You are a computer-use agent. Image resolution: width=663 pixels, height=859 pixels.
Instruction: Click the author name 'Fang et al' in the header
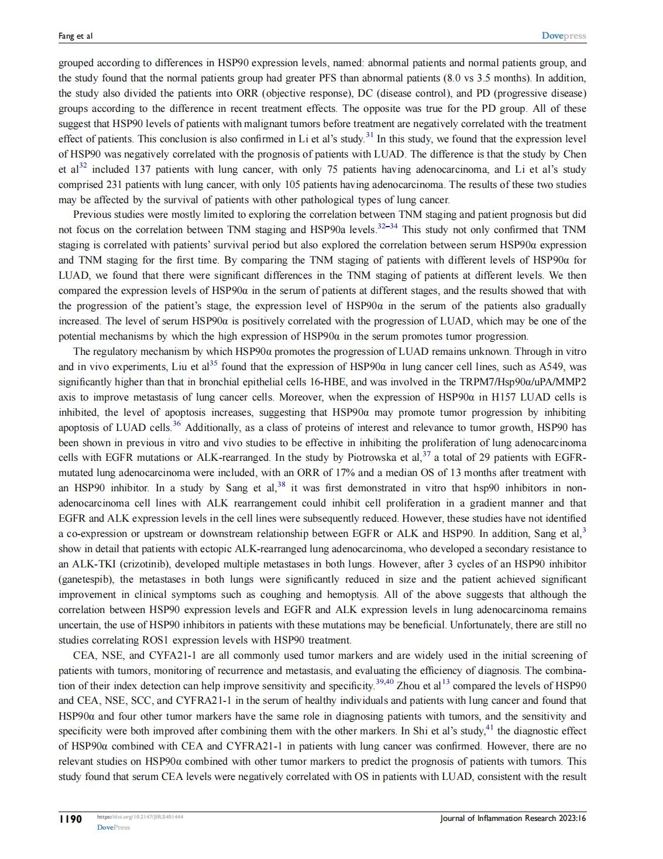click(x=75, y=36)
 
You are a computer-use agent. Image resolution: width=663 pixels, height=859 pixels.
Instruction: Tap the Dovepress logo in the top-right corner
click(x=564, y=36)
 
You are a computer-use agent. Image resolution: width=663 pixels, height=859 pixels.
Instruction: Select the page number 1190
click(x=70, y=819)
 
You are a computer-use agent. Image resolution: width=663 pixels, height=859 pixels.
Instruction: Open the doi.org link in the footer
click(x=140, y=816)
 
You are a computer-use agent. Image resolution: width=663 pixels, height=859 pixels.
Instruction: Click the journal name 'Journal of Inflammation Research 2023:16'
click(x=513, y=819)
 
